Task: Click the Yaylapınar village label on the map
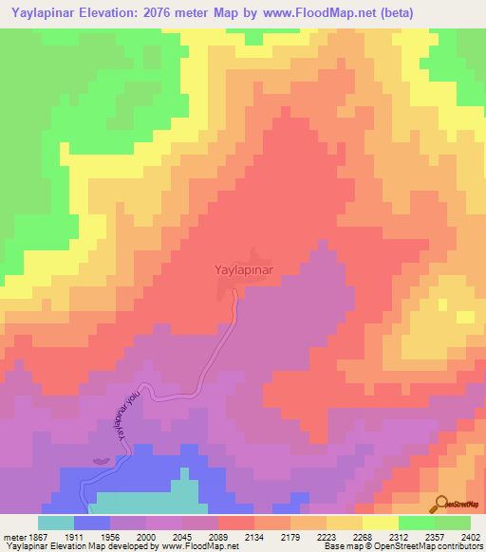click(238, 269)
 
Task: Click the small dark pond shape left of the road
click(101, 461)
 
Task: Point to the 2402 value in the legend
click(470, 536)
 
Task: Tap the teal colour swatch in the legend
click(56, 523)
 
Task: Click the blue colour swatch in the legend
click(92, 523)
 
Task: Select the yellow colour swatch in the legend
click(381, 523)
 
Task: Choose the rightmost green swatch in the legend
click(453, 523)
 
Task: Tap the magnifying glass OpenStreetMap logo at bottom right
click(440, 504)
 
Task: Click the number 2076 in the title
click(173, 12)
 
